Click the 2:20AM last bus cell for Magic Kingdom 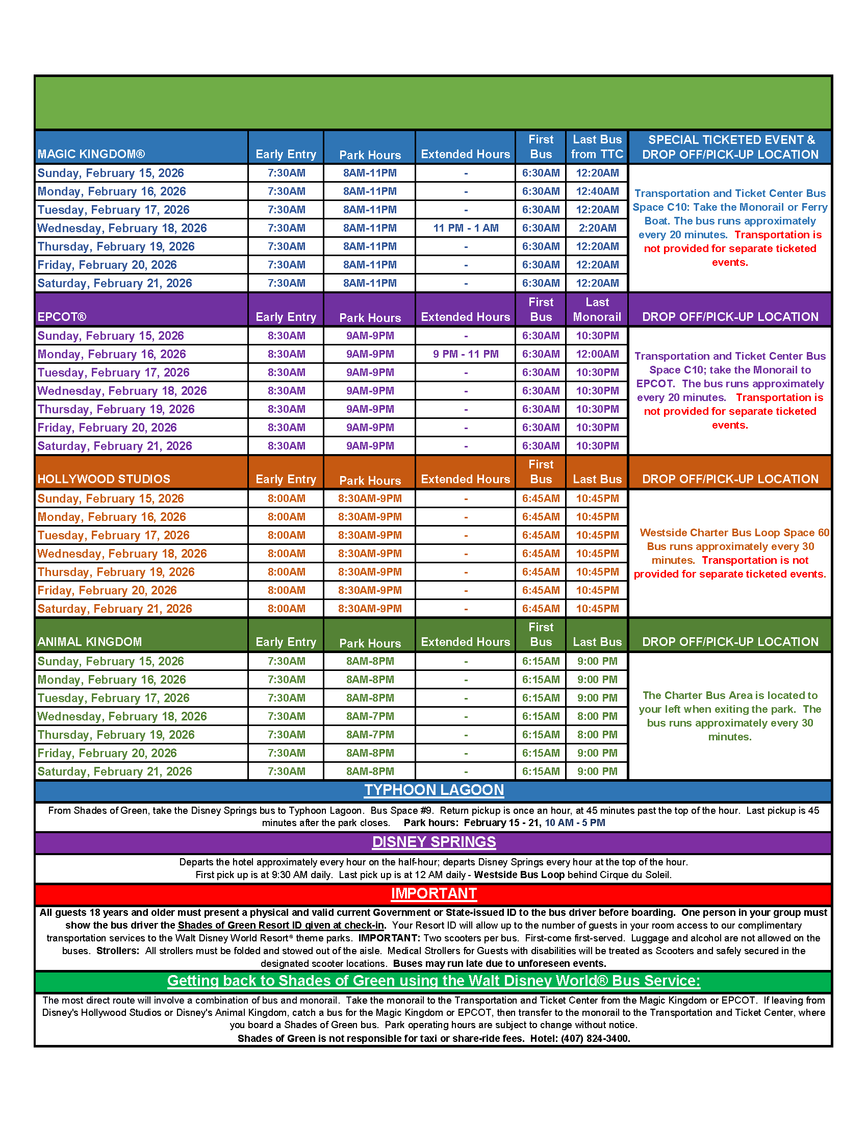pos(597,228)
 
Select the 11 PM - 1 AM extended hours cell pos(465,228)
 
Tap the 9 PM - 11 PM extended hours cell pos(465,354)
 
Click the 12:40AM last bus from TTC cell pos(597,191)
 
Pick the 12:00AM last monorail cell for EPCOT pos(597,354)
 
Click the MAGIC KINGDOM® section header pos(91,154)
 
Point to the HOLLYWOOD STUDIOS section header pos(104,479)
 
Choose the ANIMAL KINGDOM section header pos(89,641)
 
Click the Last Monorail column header pos(597,310)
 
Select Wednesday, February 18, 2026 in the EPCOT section pos(122,391)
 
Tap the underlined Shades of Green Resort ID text pos(280,925)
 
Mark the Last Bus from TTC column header pos(597,147)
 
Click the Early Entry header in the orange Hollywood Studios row pos(286,479)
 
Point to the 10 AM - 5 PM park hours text pos(575,822)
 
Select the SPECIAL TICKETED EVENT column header pos(730,140)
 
